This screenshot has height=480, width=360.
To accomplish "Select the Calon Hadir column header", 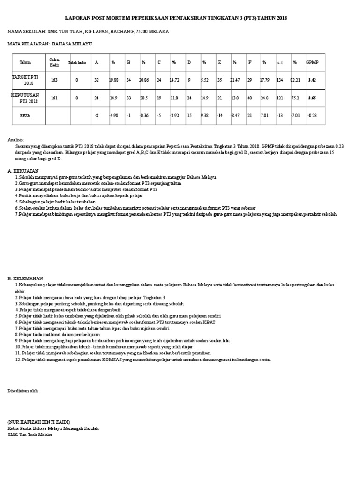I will coord(54,62).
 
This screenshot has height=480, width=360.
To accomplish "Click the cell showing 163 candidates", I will coord(54,80).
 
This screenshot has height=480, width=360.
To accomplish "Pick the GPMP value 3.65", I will coord(312,98).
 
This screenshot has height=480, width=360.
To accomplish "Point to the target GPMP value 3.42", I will coord(312,80).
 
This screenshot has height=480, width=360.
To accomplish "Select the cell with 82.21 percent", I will coord(295,80).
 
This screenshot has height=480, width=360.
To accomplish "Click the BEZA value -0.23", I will coord(312,114).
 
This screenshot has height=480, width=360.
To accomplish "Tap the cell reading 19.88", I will coord(113,80).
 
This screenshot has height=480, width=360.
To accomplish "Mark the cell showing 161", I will coord(54,98).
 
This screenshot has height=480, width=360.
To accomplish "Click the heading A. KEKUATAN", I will coord(23,171).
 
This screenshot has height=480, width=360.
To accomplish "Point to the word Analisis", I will coord(16,140).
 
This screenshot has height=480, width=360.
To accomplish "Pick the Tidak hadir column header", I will coord(78,62).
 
